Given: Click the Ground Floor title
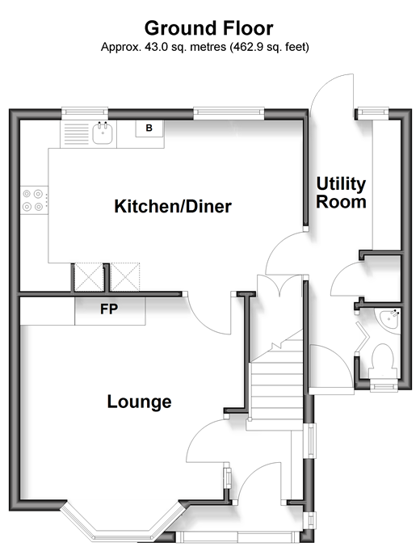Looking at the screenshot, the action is (x=208, y=28).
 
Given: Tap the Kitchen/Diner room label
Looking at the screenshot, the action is (x=173, y=206).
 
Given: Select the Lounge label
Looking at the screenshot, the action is (x=140, y=402).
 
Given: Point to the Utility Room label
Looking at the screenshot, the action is (x=341, y=192).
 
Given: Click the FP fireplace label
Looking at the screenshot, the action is (x=109, y=309).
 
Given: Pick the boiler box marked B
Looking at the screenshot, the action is (x=149, y=128).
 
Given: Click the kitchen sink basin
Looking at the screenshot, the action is (x=103, y=134).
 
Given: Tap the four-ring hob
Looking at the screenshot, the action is (x=33, y=200).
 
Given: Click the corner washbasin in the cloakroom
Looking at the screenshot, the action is (x=390, y=318).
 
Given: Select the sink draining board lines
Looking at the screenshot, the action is (x=76, y=134).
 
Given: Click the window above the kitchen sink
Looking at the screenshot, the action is (x=85, y=111).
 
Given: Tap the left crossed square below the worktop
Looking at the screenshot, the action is (x=89, y=277).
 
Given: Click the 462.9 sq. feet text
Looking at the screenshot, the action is (x=269, y=47).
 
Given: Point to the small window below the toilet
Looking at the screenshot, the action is (x=384, y=386).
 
